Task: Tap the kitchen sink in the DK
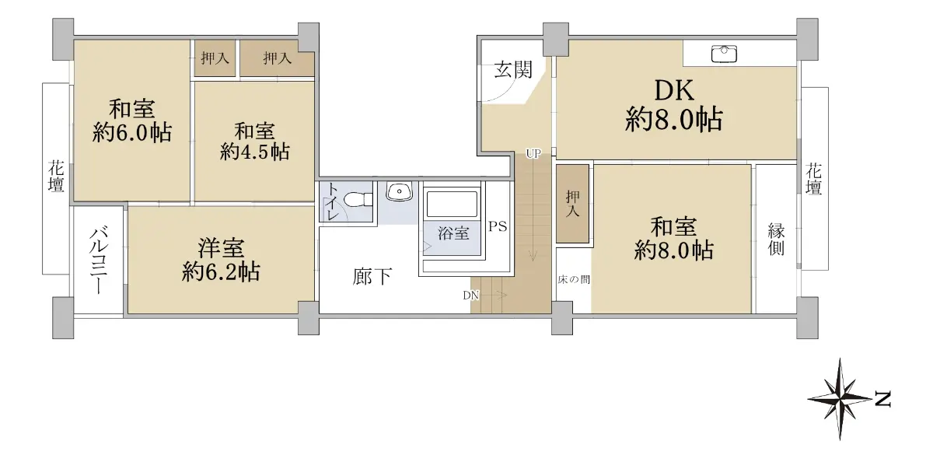[x=724, y=54]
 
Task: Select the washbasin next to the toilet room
[x=399, y=191]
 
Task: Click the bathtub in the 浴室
[x=452, y=204]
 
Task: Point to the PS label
[x=498, y=226]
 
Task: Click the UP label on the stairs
[x=533, y=154]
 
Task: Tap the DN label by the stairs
[x=471, y=296]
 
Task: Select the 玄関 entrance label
[x=513, y=69]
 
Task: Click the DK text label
[x=674, y=90]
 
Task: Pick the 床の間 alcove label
[x=574, y=279]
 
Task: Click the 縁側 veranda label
[x=777, y=239]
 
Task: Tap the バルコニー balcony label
[x=99, y=261]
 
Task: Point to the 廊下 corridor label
[x=372, y=276]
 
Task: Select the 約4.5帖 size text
[x=255, y=152]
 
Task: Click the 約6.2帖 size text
[x=221, y=271]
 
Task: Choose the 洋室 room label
[x=221, y=248]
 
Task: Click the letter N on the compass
[x=882, y=399]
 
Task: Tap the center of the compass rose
[x=840, y=399]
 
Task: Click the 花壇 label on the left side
[x=56, y=177]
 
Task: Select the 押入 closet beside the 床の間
[x=572, y=204]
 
